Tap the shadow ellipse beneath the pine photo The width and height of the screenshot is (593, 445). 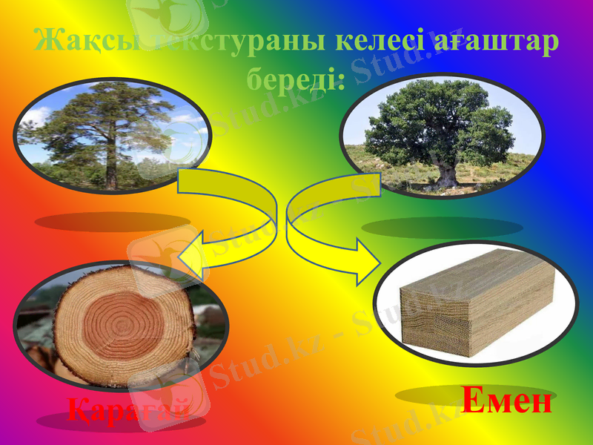pyautogui.click(x=112, y=222)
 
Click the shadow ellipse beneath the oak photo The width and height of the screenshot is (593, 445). pyautogui.click(x=441, y=227)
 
